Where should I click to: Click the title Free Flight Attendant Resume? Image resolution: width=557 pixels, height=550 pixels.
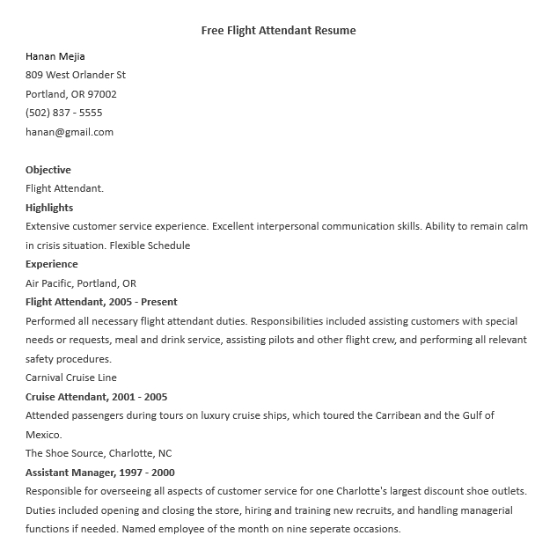pyautogui.click(x=278, y=31)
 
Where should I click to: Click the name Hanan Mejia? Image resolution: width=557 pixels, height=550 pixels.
pyautogui.click(x=56, y=56)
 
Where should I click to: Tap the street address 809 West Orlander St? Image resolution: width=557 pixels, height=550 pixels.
pyautogui.click(x=76, y=75)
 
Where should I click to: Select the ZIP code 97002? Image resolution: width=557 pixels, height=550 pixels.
pyautogui.click(x=102, y=94)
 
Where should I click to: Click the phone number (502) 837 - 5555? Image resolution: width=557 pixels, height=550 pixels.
pyautogui.click(x=63, y=113)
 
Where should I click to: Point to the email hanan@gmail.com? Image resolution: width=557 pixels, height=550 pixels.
pyautogui.click(x=70, y=132)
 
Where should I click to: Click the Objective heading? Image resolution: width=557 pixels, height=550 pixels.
pyautogui.click(x=48, y=170)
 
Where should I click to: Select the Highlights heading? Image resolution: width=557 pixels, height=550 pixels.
pyautogui.click(x=49, y=208)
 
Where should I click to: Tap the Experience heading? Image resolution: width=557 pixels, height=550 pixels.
pyautogui.click(x=52, y=264)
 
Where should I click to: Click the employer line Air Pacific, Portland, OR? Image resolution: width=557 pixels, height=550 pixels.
pyautogui.click(x=81, y=283)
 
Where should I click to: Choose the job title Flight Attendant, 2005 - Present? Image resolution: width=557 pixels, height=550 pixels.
pyautogui.click(x=101, y=302)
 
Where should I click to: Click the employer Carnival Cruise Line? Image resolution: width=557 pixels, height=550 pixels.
pyautogui.click(x=71, y=378)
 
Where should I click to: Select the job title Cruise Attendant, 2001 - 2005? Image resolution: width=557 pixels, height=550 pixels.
pyautogui.click(x=96, y=397)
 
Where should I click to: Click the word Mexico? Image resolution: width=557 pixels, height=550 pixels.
pyautogui.click(x=42, y=435)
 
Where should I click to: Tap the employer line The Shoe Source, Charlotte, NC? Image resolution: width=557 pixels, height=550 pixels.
pyautogui.click(x=99, y=453)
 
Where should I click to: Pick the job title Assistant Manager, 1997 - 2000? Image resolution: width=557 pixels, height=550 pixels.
pyautogui.click(x=100, y=473)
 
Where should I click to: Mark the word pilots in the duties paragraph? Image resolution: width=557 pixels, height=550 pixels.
pyautogui.click(x=311, y=340)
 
